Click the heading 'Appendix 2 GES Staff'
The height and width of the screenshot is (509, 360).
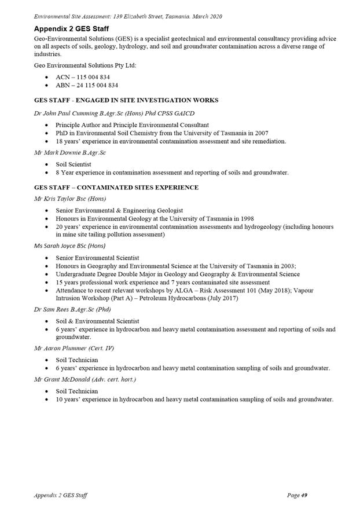point(72,28)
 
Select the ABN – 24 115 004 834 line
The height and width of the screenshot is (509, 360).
point(87,85)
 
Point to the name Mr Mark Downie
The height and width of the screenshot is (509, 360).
point(59,153)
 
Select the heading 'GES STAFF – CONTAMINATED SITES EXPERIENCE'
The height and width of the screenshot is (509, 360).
point(116,187)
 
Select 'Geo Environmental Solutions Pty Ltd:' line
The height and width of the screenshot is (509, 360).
point(85,65)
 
